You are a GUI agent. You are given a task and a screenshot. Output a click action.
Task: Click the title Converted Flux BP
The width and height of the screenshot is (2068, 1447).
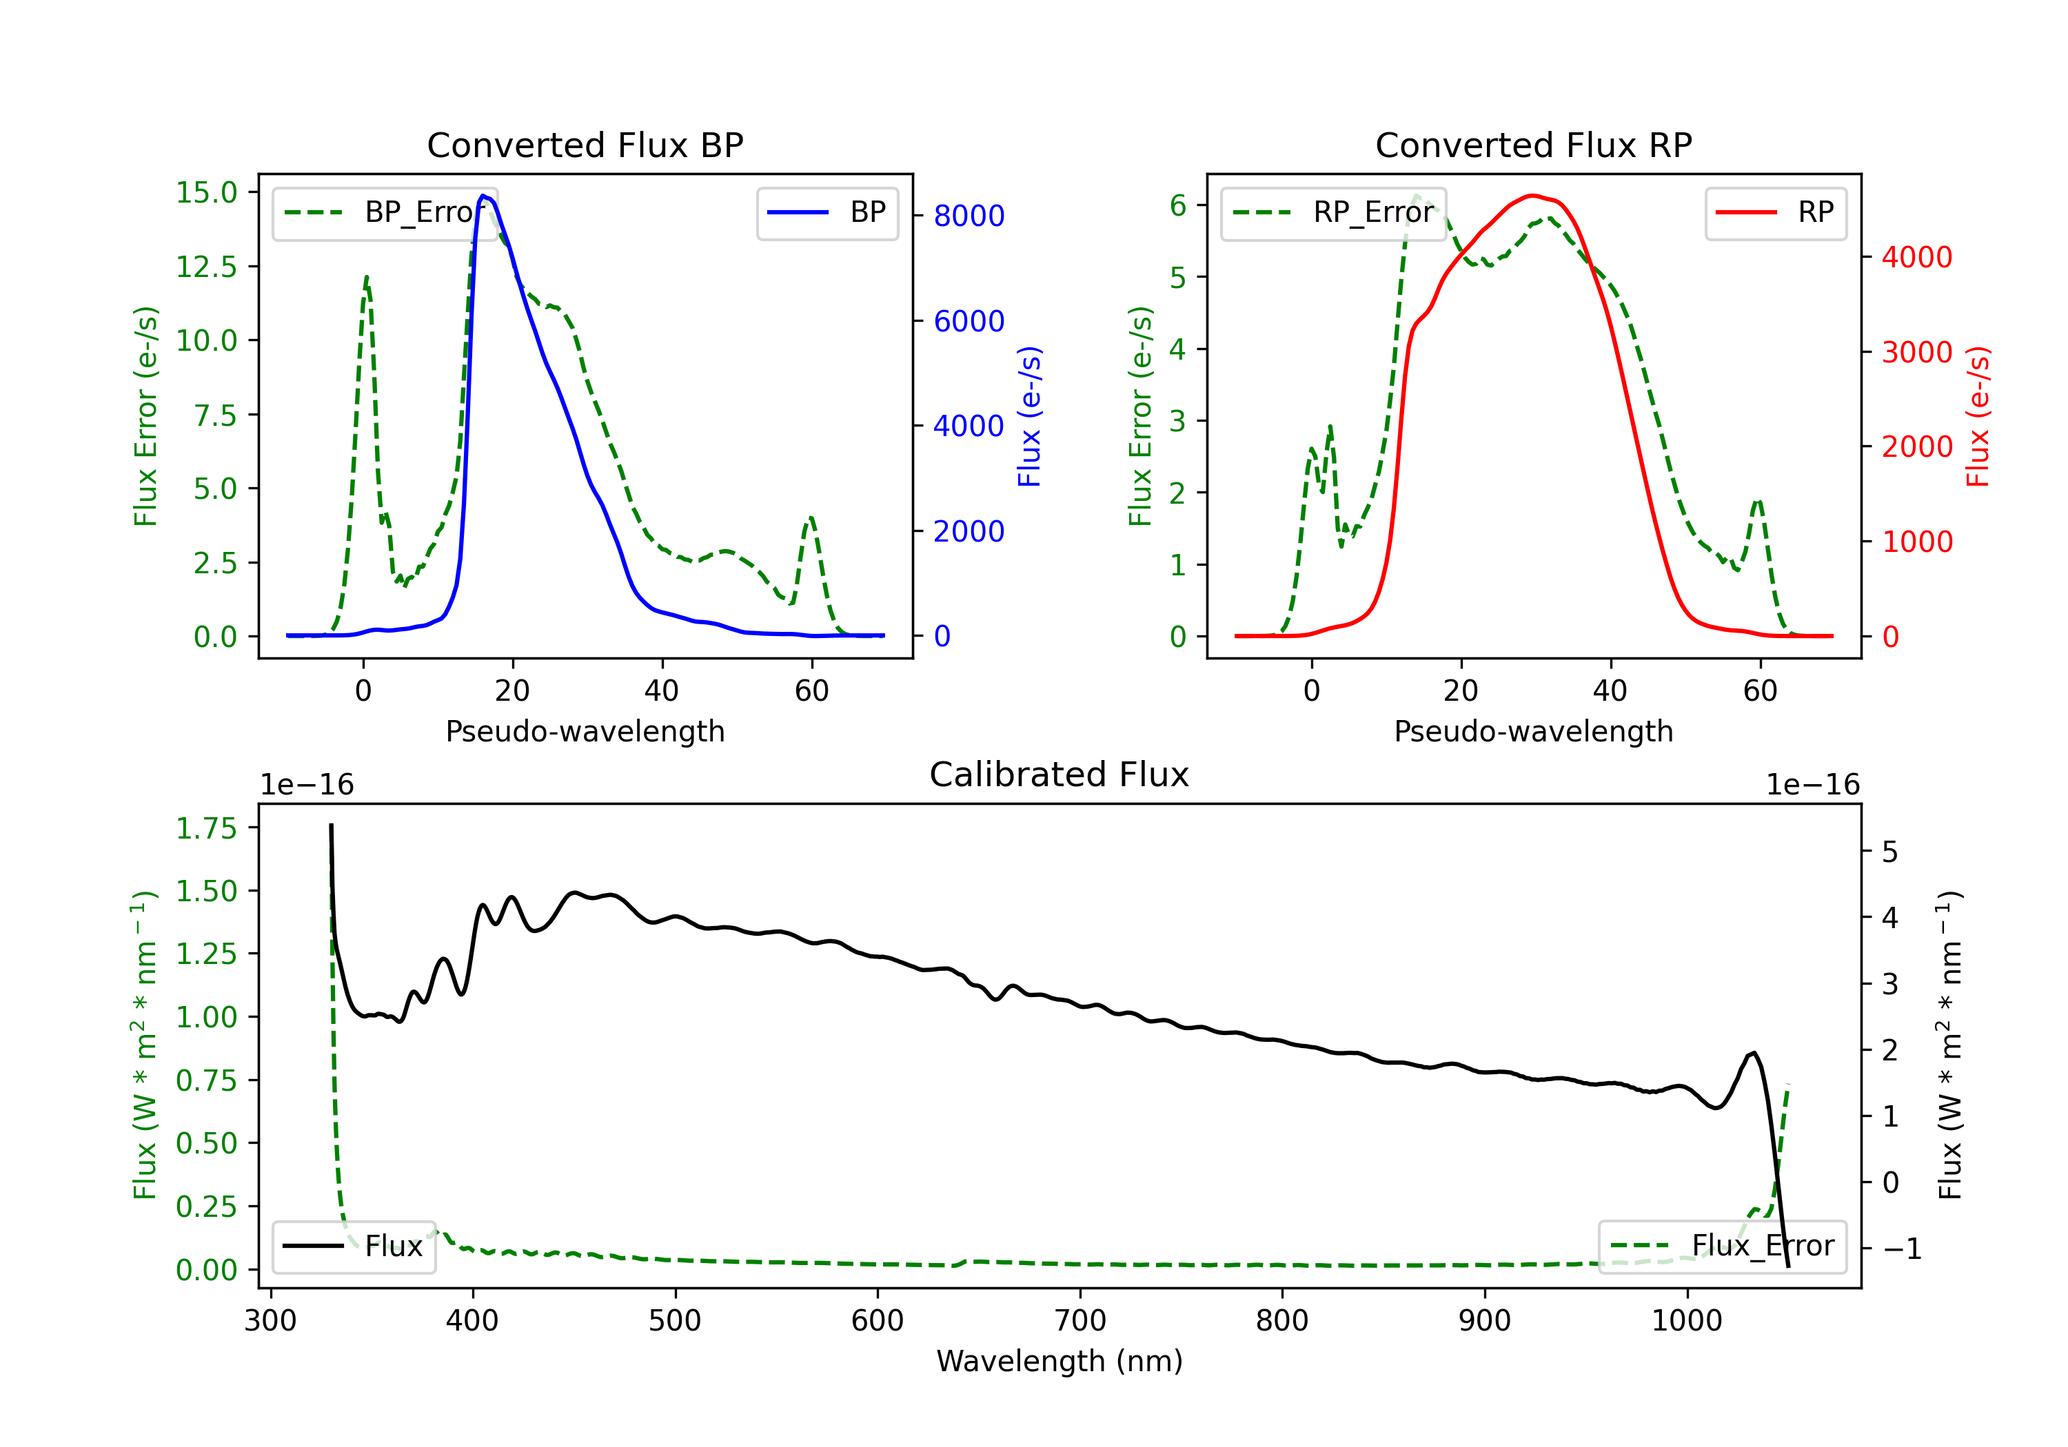coord(585,145)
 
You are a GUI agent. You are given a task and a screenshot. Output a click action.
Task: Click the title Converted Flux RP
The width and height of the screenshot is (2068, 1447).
coord(1533,145)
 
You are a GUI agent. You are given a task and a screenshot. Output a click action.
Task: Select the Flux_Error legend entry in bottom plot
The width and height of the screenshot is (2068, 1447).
coord(1722,1246)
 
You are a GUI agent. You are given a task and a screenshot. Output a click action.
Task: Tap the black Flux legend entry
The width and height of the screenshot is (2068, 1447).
coord(353,1246)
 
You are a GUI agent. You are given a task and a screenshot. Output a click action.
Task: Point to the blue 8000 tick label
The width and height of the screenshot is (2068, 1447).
coord(969,216)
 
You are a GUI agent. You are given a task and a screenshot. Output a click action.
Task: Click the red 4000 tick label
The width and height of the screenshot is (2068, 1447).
coord(1916,258)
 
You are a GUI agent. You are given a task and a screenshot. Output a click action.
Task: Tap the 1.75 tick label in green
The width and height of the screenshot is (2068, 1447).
coord(206,828)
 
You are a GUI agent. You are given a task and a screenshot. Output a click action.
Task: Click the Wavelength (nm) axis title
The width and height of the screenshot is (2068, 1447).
coord(1060,1361)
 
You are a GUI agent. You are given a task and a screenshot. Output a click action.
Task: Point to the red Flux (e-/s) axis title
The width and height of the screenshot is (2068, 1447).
coord(1978,417)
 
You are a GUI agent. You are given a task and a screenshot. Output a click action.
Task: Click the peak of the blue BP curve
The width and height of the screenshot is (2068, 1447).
coord(484,196)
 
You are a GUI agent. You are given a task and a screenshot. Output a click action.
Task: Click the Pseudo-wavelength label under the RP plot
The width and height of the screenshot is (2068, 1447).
coord(1533,731)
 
